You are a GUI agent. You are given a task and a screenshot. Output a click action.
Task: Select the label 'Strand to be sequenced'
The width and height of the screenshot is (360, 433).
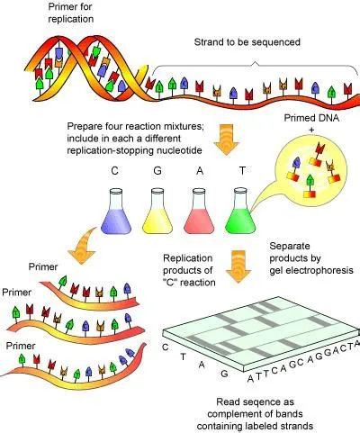pyautogui.click(x=248, y=42)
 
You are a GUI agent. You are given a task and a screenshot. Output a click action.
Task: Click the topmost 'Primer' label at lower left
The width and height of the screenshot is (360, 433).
pyautogui.click(x=47, y=267)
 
